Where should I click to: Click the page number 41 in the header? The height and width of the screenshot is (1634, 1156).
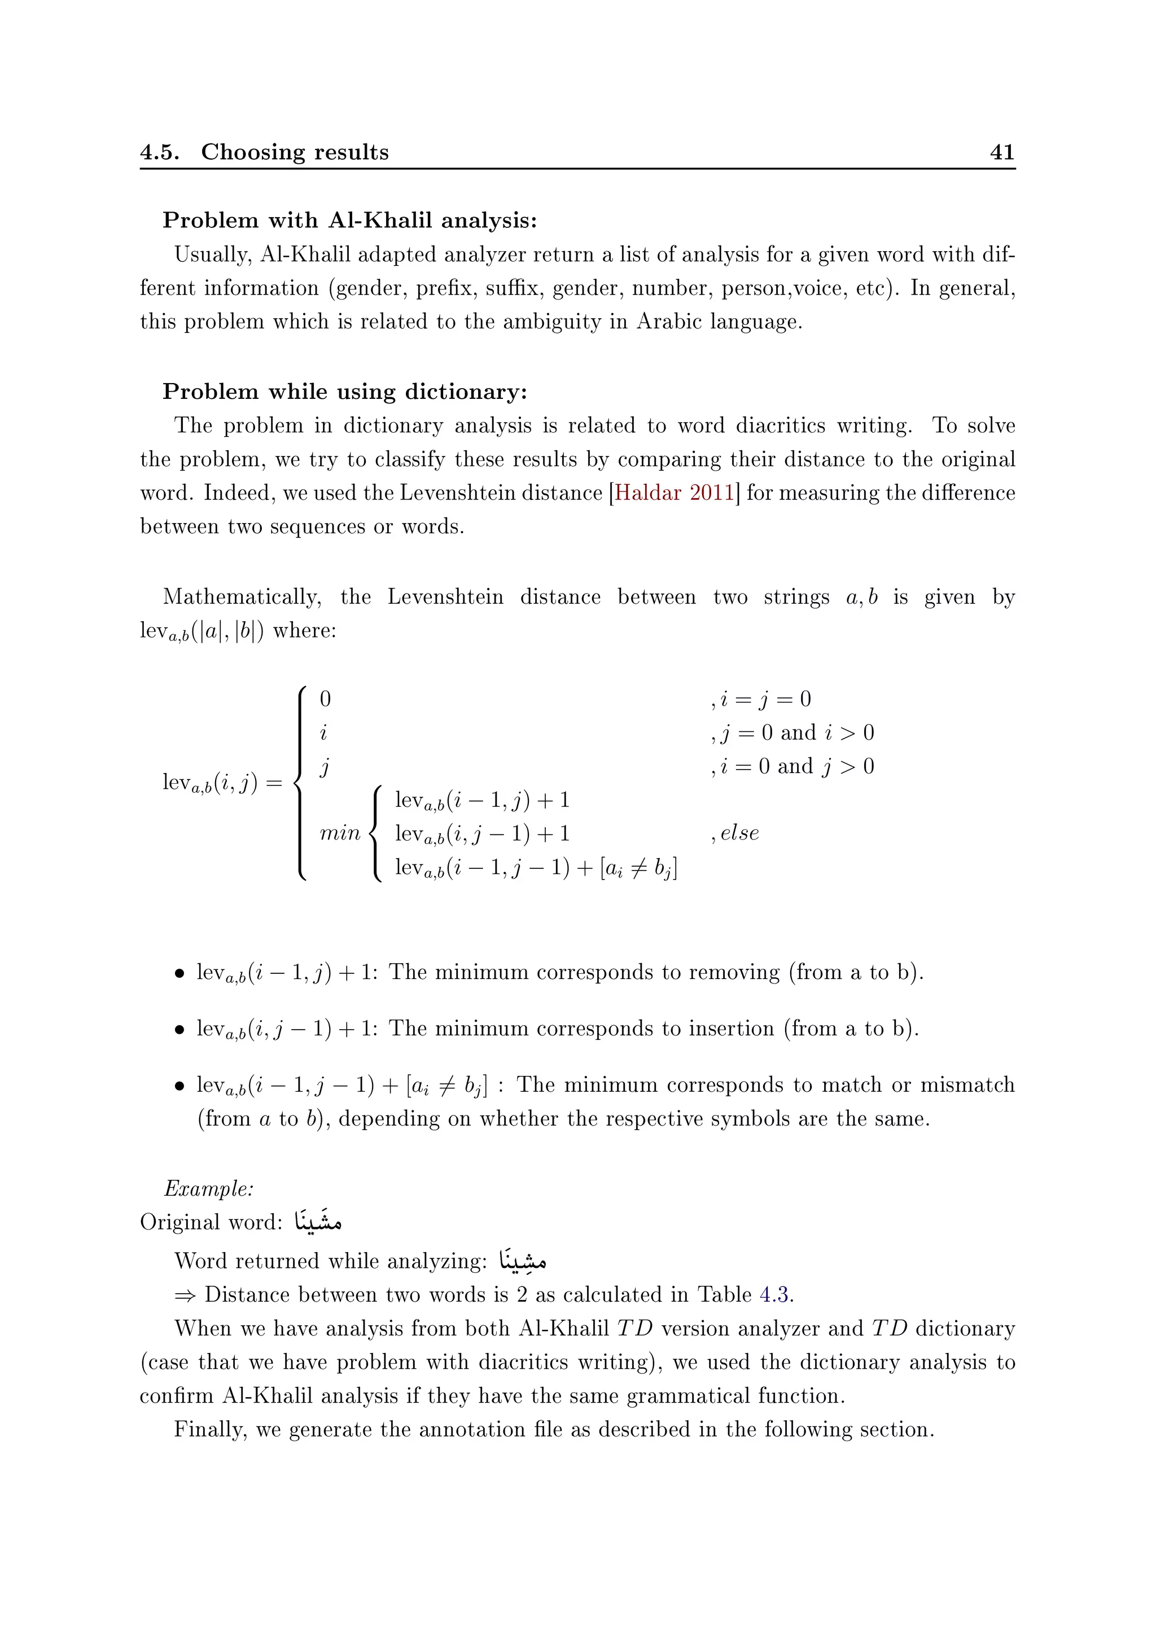tap(1001, 152)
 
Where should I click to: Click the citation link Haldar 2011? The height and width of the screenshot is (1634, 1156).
tap(673, 493)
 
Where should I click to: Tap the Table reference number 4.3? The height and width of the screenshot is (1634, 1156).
tap(774, 1294)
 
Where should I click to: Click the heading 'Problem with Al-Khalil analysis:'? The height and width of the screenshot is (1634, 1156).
tap(349, 221)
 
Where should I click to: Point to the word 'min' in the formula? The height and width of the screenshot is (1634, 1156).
tap(340, 833)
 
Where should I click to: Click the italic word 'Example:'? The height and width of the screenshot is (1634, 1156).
tap(208, 1188)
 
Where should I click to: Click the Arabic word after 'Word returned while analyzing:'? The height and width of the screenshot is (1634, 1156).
tap(523, 1260)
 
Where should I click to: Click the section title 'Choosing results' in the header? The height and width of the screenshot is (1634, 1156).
tap(295, 152)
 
